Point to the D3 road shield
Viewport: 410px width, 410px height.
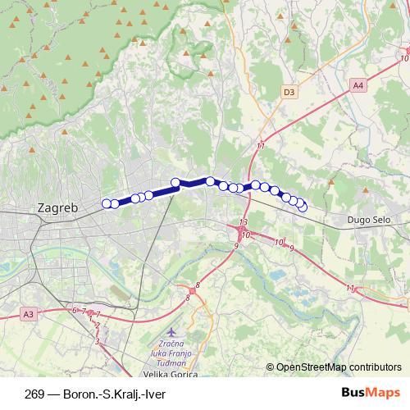(x=288, y=93)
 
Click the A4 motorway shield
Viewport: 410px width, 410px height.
(x=358, y=84)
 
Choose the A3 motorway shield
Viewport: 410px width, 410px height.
(x=30, y=313)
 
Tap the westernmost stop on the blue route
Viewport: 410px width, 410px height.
(x=106, y=203)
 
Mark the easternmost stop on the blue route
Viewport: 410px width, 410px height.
(x=303, y=207)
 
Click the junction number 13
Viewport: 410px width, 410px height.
(x=243, y=223)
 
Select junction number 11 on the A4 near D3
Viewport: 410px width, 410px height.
(x=260, y=145)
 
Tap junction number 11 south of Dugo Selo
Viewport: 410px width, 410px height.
(x=350, y=289)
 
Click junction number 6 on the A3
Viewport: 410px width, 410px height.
(x=75, y=309)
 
